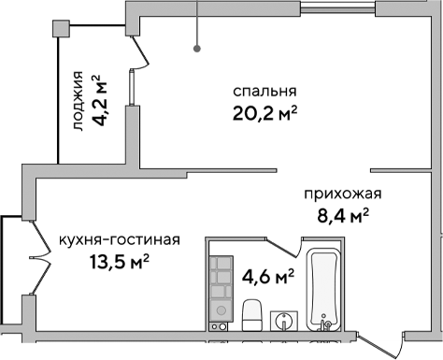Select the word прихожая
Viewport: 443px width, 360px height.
pyautogui.click(x=343, y=195)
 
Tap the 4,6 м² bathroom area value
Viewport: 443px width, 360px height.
pyautogui.click(x=268, y=277)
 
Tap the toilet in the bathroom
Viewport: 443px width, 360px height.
pyautogui.click(x=251, y=314)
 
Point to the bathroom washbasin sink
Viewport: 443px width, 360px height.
pyautogui.click(x=284, y=321)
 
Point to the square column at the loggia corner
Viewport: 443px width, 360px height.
pyautogui.click(x=60, y=29)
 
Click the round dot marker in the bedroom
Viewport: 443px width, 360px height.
pyautogui.click(x=197, y=48)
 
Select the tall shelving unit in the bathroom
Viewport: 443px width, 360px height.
pyautogui.click(x=220, y=291)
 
